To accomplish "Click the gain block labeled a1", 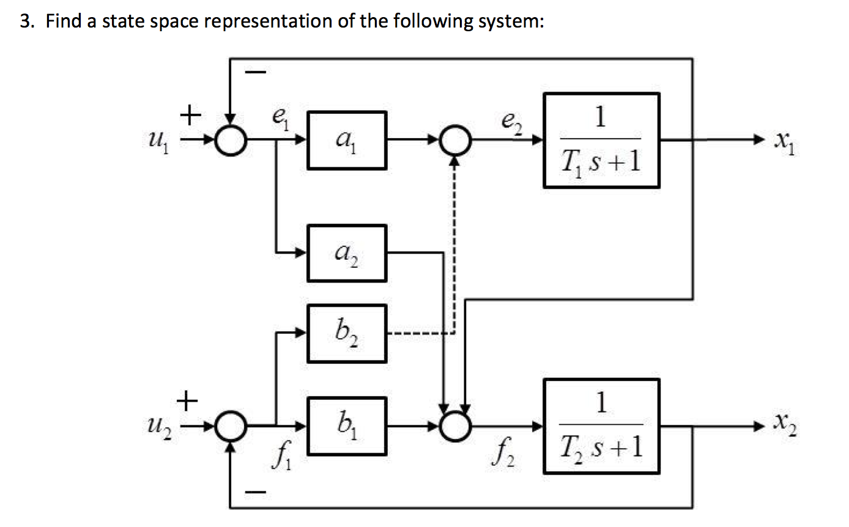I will click(346, 140).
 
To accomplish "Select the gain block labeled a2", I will click(346, 252).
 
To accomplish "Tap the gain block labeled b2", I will click(346, 333).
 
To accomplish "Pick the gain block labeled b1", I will click(346, 426).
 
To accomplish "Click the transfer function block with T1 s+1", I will click(601, 140).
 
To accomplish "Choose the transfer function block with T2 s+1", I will click(601, 426).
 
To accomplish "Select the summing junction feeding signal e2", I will click(454, 140).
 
